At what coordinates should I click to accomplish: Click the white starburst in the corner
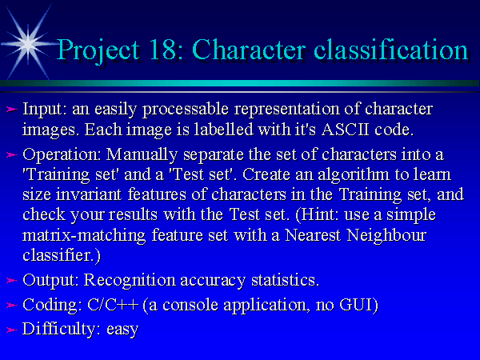pyautogui.click(x=28, y=44)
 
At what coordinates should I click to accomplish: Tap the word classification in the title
pyautogui.click(x=391, y=49)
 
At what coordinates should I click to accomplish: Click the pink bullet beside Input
pyautogui.click(x=12, y=110)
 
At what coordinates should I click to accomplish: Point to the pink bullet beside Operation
pyautogui.click(x=12, y=155)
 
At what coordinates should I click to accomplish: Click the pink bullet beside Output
pyautogui.click(x=12, y=280)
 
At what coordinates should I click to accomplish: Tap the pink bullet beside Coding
pyautogui.click(x=12, y=305)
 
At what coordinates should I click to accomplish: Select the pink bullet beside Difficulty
pyautogui.click(x=12, y=330)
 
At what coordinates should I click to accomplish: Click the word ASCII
pyautogui.click(x=346, y=130)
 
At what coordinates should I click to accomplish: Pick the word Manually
pyautogui.click(x=142, y=155)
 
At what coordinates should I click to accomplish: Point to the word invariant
pyautogui.click(x=89, y=194)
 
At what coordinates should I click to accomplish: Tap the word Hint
pyautogui.click(x=317, y=214)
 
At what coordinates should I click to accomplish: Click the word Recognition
pyautogui.click(x=130, y=281)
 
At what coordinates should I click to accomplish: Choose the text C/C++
pyautogui.click(x=113, y=305)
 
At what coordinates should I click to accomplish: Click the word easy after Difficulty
pyautogui.click(x=122, y=330)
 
